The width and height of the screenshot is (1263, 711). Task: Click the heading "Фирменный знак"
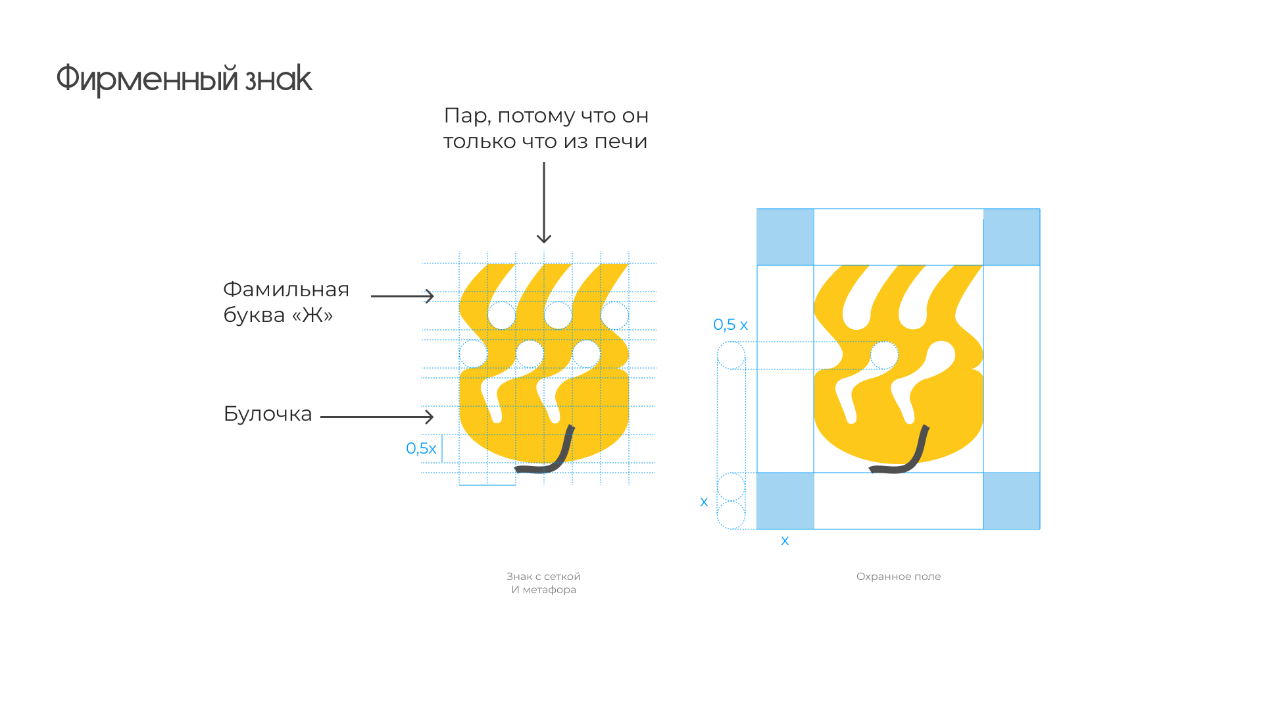point(184,79)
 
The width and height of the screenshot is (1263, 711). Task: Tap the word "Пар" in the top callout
point(465,116)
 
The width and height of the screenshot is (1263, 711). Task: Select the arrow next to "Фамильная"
point(403,296)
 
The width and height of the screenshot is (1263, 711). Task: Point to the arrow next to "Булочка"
point(377,417)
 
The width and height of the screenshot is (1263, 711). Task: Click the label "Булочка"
point(268,414)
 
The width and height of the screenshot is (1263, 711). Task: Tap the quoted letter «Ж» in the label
point(312,315)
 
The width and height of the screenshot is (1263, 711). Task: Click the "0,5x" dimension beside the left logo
point(421,448)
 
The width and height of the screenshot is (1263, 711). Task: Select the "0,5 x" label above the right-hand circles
point(730,325)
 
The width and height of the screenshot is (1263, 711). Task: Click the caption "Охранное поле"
point(899,577)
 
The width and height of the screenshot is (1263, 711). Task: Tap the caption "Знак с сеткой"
point(543,577)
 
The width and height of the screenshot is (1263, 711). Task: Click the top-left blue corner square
point(785,237)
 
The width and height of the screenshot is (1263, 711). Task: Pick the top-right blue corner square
point(1012,237)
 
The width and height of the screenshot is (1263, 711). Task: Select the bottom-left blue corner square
point(785,501)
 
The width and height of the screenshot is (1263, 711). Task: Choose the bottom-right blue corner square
point(1012,501)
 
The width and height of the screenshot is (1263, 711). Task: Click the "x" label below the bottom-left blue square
point(785,541)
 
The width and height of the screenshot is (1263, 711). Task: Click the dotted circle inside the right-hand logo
point(884,355)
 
